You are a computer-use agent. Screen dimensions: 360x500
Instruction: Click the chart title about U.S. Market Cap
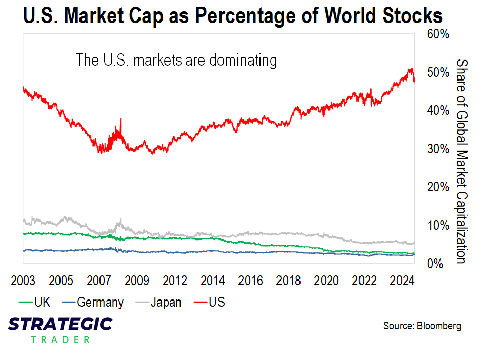[x=232, y=16]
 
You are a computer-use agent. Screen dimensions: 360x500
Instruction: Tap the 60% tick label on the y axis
[x=438, y=34]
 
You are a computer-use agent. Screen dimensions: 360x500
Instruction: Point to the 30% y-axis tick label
[x=438, y=149]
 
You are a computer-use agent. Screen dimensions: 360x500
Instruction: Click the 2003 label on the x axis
[x=23, y=281]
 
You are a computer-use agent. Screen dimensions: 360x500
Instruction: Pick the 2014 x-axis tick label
[x=213, y=281]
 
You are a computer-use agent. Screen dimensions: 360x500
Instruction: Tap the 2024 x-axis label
[x=403, y=281]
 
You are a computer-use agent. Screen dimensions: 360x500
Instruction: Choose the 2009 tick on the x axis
[x=137, y=281]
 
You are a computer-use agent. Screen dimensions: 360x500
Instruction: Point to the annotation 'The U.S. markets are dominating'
[x=176, y=60]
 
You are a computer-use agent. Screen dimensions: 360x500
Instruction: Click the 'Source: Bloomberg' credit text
[x=422, y=326]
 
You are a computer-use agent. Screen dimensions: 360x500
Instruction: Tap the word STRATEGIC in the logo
[x=61, y=324]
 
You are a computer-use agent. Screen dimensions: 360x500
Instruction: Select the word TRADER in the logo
[x=61, y=339]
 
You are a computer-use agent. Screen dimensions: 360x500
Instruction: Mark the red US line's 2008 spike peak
[x=121, y=119]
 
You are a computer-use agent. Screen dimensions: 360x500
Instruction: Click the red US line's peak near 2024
[x=410, y=69]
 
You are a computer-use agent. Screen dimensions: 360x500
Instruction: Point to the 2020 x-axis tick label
[x=327, y=281]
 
